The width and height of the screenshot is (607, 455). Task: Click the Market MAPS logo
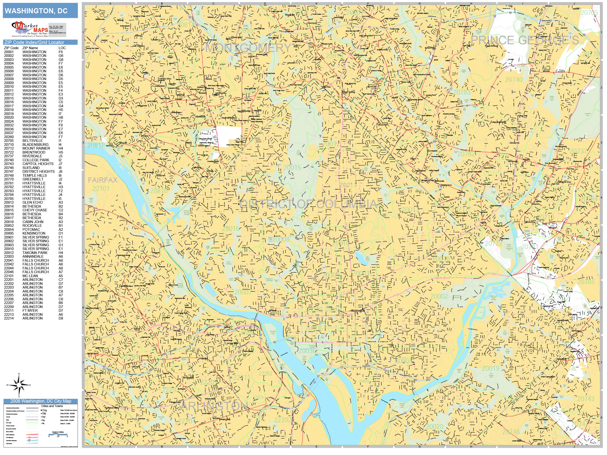pyautogui.click(x=30, y=29)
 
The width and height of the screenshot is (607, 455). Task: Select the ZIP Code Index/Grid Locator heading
pyautogui.click(x=34, y=42)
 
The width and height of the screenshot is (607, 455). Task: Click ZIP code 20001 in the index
pyautogui.click(x=9, y=52)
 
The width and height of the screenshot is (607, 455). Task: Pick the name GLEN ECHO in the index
pyautogui.click(x=33, y=202)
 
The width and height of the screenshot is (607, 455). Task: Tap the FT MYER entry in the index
pyautogui.click(x=30, y=310)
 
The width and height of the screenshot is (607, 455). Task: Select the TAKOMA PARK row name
pyautogui.click(x=35, y=253)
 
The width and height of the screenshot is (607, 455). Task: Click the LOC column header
pyautogui.click(x=62, y=48)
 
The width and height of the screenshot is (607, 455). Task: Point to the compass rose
pyautogui.click(x=19, y=385)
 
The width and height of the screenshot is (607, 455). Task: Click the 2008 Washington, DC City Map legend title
pyautogui.click(x=41, y=401)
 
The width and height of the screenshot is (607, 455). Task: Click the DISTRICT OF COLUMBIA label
pyautogui.click(x=308, y=204)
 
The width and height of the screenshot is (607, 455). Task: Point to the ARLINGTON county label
pyautogui.click(x=214, y=406)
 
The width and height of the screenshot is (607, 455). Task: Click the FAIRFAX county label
pyautogui.click(x=103, y=180)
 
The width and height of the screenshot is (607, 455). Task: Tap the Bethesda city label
pyautogui.click(x=201, y=117)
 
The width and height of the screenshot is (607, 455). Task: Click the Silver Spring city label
pyautogui.click(x=348, y=92)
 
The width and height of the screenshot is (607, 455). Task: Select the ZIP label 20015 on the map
pyautogui.click(x=292, y=167)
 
